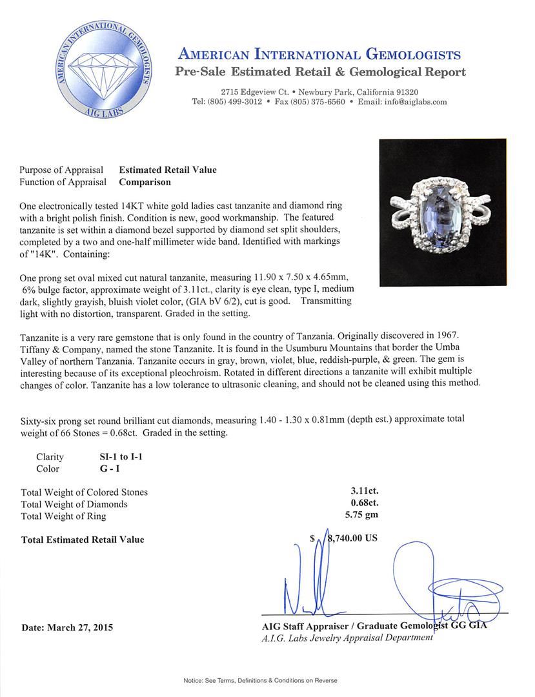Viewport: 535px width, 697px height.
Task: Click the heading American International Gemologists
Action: pos(319,54)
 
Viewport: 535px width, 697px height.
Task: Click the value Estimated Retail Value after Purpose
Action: pos(168,170)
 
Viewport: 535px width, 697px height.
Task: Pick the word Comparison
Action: pos(145,182)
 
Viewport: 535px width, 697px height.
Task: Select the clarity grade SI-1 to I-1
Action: pos(116,456)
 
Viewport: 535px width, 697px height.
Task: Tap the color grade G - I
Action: pos(103,469)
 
